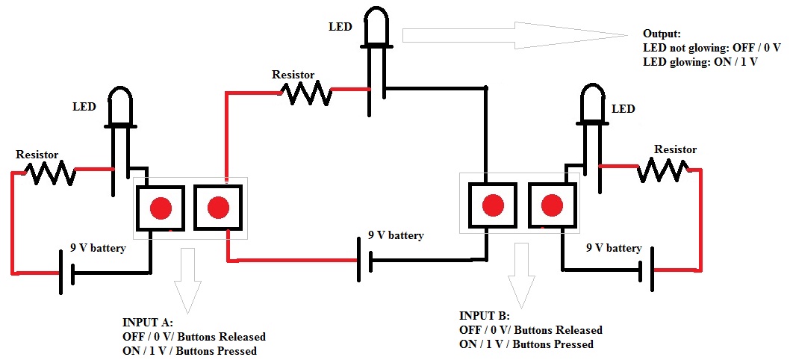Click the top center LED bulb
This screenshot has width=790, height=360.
click(377, 27)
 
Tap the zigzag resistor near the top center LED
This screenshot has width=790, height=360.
click(306, 93)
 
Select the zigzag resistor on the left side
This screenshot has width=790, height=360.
click(51, 174)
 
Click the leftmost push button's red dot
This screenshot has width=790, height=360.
click(161, 208)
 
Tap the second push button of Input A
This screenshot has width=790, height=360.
click(219, 208)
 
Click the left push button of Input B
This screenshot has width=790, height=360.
click(492, 205)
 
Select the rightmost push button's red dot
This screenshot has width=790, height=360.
click(552, 205)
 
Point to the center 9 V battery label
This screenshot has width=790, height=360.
click(396, 235)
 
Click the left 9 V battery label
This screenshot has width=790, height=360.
click(98, 247)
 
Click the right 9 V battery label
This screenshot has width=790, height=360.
click(614, 247)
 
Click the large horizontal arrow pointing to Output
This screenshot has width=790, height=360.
click(515, 35)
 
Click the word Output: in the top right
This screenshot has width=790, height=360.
click(662, 34)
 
